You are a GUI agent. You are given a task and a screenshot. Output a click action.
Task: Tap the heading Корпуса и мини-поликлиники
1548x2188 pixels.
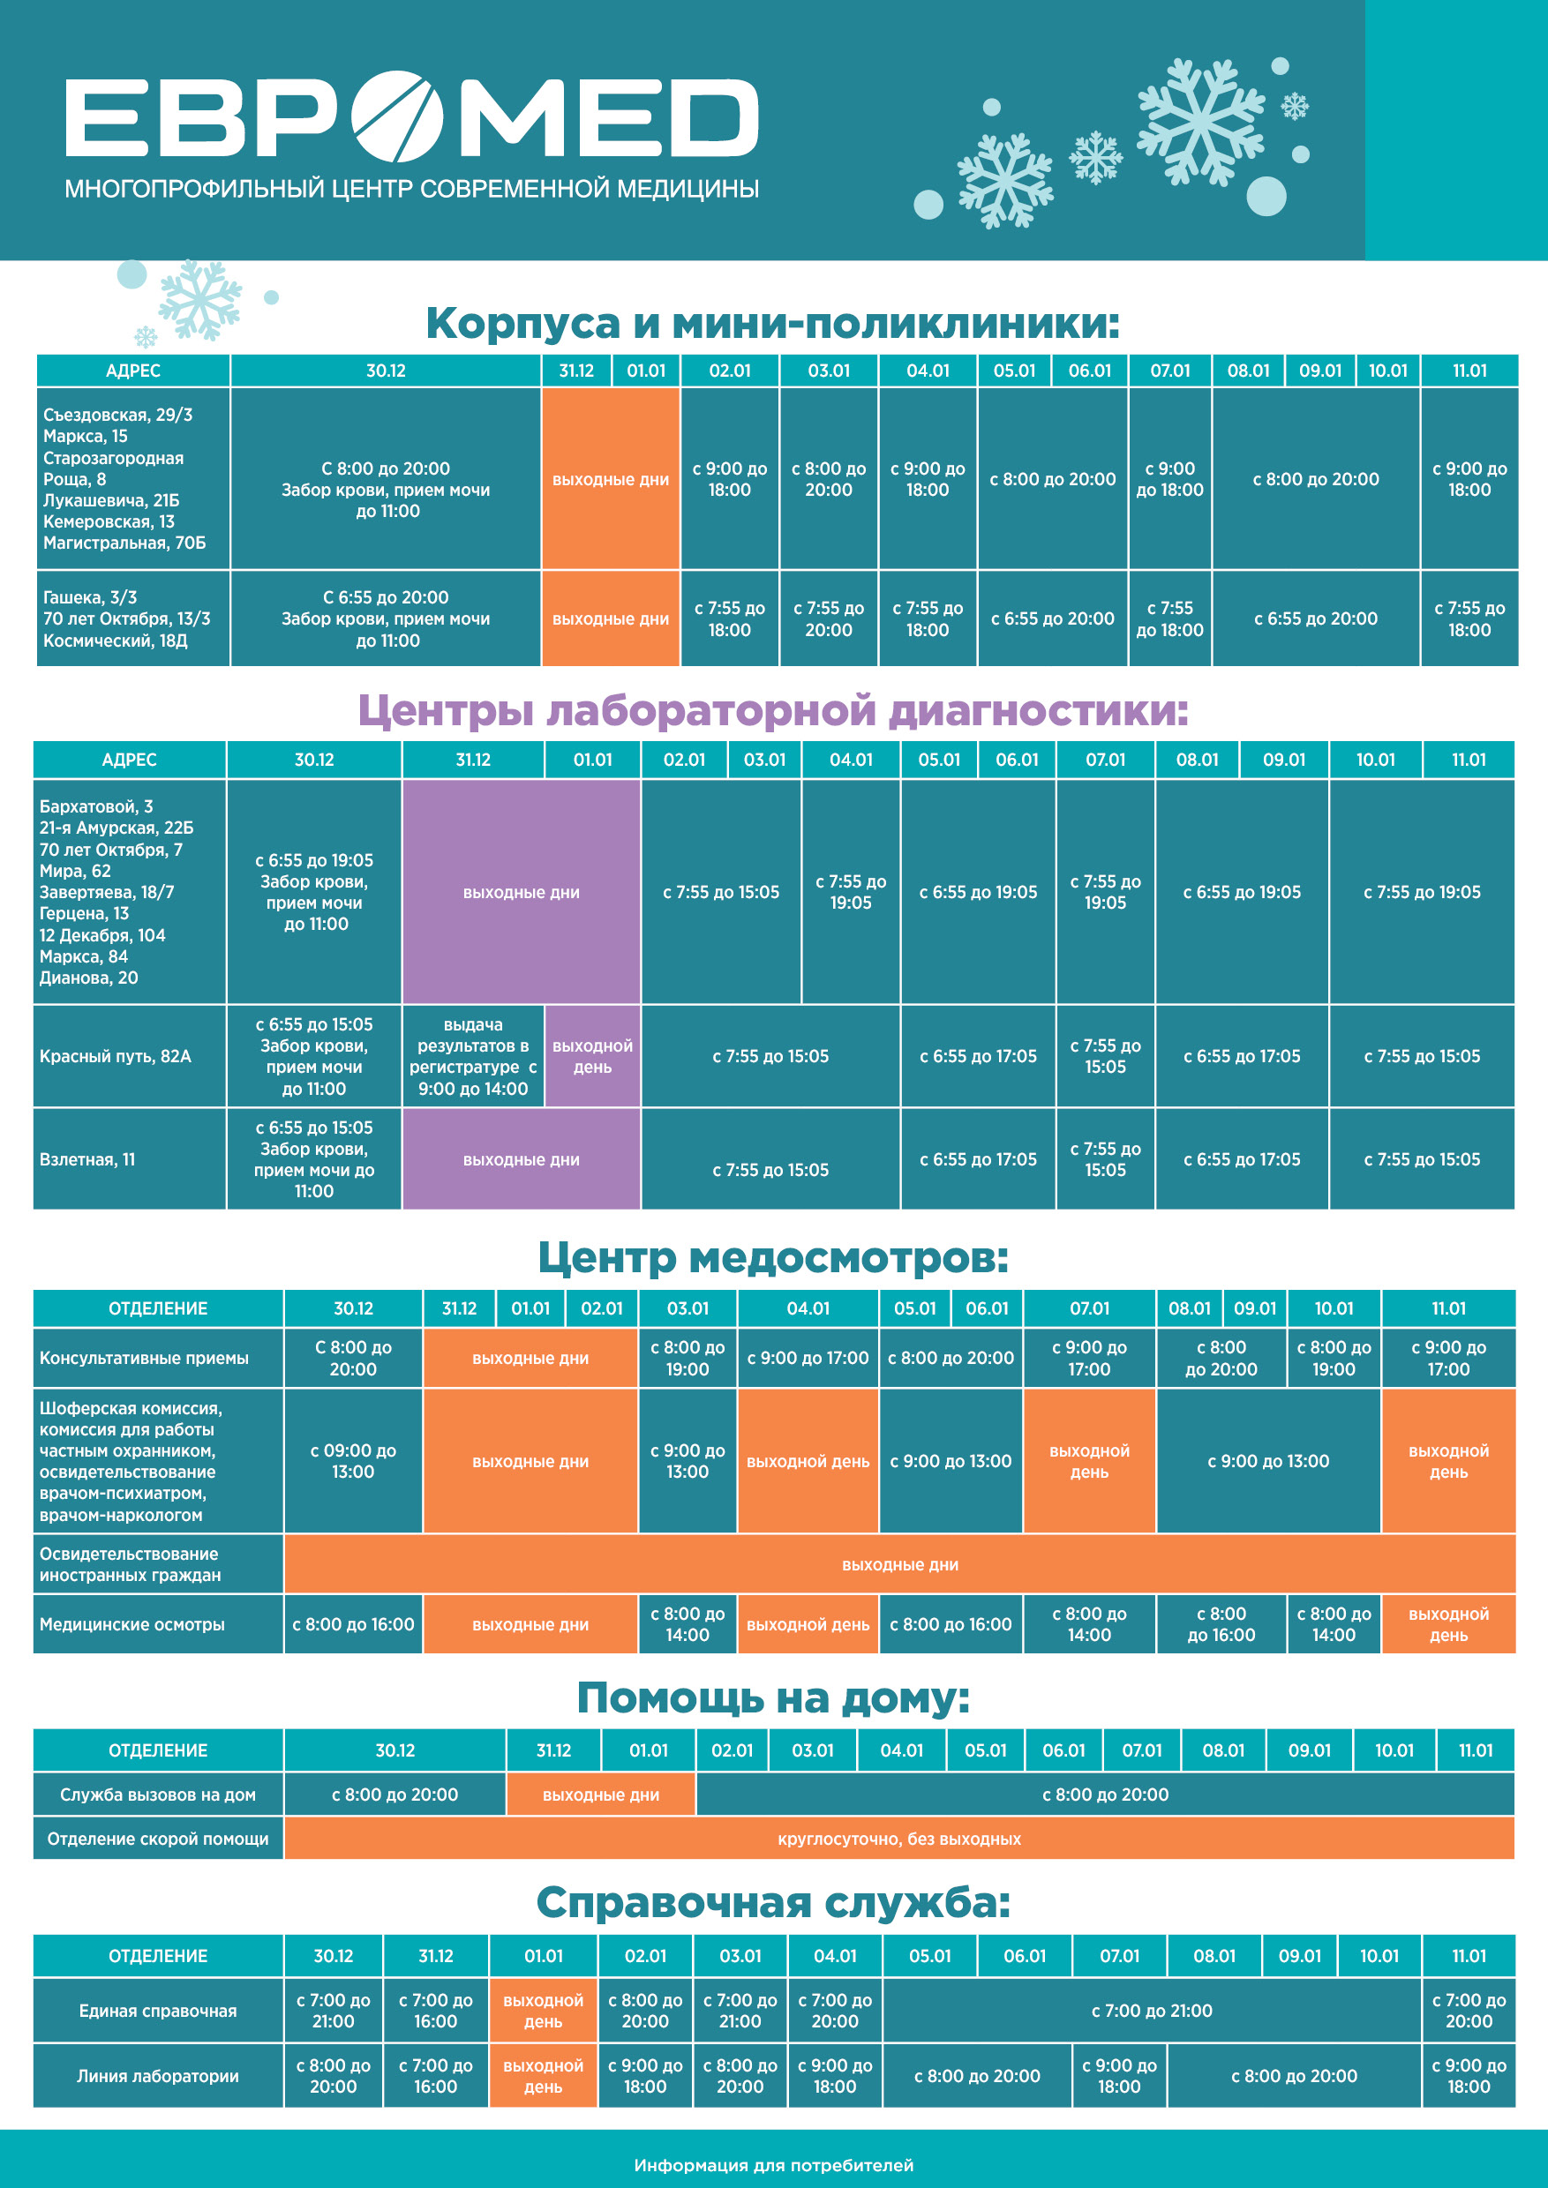(x=772, y=323)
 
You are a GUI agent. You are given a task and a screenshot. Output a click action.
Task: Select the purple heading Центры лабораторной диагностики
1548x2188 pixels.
(x=772, y=711)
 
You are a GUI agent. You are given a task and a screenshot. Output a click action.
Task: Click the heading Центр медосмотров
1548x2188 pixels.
(x=772, y=1258)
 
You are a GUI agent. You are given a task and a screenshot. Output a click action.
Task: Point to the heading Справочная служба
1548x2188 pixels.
(x=772, y=1903)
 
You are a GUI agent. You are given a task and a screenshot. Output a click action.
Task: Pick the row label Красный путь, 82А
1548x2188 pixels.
(x=116, y=1056)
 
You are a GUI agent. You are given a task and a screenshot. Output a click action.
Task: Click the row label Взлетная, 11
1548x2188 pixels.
(x=87, y=1160)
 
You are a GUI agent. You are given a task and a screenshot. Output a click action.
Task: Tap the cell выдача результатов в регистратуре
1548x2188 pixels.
(x=473, y=1056)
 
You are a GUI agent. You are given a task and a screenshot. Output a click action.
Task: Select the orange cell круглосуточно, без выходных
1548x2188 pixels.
(x=898, y=1840)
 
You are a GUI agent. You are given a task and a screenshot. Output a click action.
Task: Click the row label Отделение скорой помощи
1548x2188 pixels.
(x=158, y=1840)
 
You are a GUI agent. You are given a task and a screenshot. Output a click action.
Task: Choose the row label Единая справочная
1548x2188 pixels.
(x=158, y=2011)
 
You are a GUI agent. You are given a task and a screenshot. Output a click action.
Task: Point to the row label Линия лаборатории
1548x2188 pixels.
(x=158, y=2076)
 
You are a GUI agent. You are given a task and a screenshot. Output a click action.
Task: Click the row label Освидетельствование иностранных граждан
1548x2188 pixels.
(x=130, y=1565)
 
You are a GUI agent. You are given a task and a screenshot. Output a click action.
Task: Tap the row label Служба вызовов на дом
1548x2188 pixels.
(x=158, y=1795)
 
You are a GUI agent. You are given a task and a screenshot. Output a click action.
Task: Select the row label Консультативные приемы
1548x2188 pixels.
(x=144, y=1358)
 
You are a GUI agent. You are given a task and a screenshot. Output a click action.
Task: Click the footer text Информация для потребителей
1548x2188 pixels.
(x=773, y=2165)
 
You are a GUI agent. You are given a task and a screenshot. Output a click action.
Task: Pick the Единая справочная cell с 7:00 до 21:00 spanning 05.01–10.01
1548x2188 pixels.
(x=1152, y=2011)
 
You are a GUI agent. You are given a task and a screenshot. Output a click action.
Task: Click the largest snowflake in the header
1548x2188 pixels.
(x=1201, y=121)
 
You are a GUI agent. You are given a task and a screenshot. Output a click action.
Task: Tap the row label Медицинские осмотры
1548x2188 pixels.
(x=132, y=1625)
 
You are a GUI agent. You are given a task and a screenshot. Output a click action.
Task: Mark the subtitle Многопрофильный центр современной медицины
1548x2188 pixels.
(x=412, y=189)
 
